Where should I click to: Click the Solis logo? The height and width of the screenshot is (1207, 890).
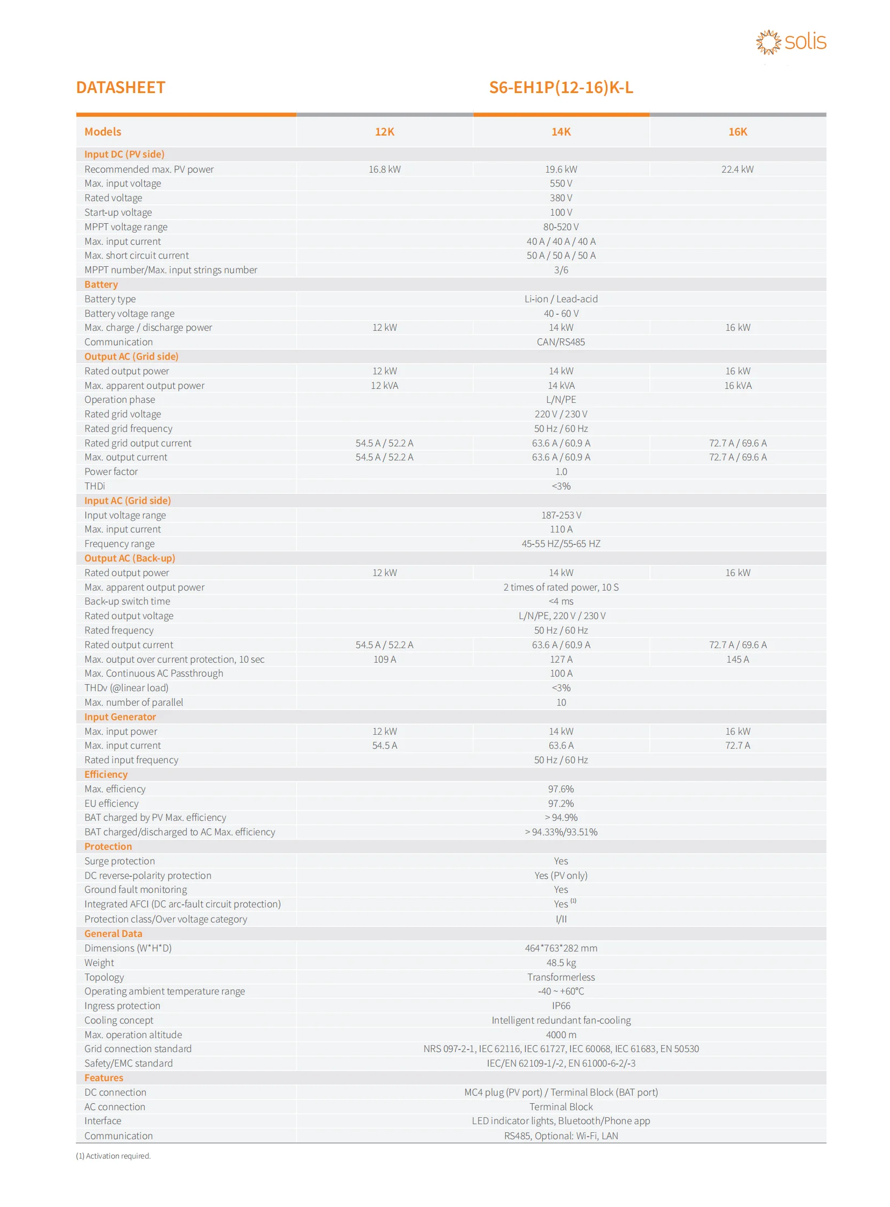[790, 42]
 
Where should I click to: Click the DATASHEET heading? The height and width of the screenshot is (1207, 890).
[121, 87]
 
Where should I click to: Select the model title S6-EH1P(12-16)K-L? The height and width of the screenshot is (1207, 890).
[561, 87]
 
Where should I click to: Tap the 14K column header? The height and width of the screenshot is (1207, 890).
[561, 132]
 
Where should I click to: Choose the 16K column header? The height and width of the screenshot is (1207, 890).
[738, 132]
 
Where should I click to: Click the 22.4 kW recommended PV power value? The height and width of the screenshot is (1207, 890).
[738, 169]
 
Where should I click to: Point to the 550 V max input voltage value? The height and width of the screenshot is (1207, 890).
[561, 183]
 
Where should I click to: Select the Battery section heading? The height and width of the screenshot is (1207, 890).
[101, 285]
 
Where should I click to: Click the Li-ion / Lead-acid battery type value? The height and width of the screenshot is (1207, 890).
[561, 299]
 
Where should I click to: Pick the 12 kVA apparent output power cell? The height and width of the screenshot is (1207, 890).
[385, 386]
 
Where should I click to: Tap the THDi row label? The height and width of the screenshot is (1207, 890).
[95, 486]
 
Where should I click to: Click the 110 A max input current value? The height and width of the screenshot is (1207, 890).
[561, 529]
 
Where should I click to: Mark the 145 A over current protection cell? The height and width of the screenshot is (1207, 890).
[738, 659]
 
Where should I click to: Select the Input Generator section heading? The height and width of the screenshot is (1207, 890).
[120, 717]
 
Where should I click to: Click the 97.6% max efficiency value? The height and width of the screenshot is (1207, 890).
[561, 789]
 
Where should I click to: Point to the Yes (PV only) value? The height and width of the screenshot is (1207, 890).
[561, 876]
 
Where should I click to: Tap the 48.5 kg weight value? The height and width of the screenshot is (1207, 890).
[561, 962]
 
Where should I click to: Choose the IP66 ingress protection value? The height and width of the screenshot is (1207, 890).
[561, 1005]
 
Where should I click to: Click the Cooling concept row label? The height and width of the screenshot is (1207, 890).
[119, 1020]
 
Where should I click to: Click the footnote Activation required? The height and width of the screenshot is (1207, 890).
[114, 1156]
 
